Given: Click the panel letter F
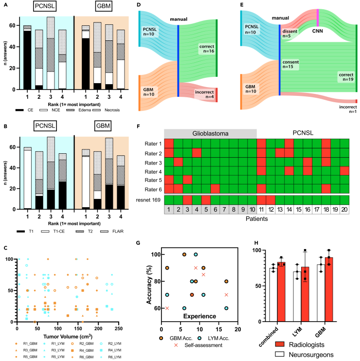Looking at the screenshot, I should point(139,126).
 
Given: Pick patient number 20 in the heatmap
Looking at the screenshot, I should point(344,209).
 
